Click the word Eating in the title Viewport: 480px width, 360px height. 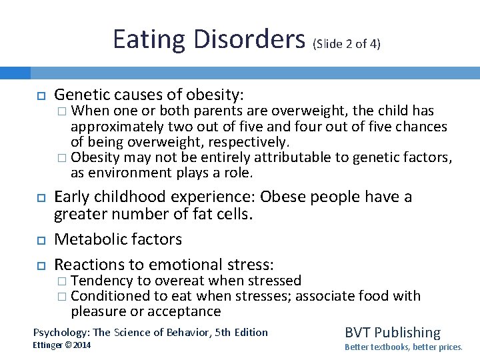[149, 39]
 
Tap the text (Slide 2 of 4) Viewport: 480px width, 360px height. [347, 43]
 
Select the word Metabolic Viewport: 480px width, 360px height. [87, 239]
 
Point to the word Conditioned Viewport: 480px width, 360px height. [110, 295]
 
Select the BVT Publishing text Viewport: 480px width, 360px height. [392, 333]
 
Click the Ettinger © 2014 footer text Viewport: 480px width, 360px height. [62, 345]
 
